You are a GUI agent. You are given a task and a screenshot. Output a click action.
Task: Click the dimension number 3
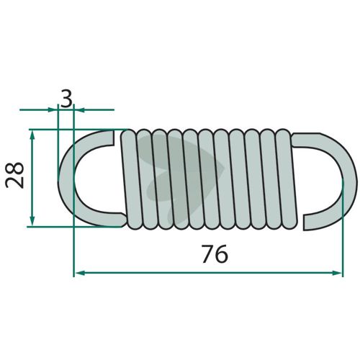(66, 99)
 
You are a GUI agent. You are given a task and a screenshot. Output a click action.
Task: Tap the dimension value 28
(15, 176)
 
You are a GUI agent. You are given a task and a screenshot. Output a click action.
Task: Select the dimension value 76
(215, 253)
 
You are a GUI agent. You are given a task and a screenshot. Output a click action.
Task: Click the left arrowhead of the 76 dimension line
(80, 273)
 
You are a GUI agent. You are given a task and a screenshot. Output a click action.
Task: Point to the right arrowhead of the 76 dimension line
(336, 273)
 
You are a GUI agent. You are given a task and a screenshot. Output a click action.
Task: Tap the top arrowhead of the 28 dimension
(32, 135)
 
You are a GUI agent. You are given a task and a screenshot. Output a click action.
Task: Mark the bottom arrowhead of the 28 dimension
(32, 221)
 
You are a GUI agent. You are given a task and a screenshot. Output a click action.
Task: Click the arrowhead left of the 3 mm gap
(53, 110)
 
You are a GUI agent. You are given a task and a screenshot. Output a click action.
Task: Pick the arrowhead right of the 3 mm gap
(79, 110)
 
